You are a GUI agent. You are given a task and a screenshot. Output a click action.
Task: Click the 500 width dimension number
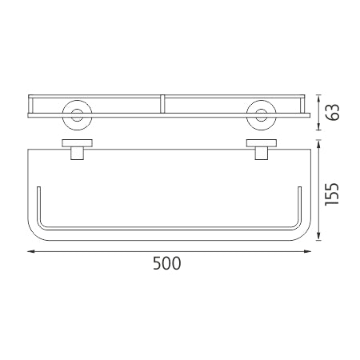[x=167, y=263]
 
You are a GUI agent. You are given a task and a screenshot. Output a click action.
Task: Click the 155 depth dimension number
[x=332, y=194]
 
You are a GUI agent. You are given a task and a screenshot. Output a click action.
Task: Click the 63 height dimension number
[x=333, y=112]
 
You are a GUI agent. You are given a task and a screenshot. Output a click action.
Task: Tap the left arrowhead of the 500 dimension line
[x=31, y=251]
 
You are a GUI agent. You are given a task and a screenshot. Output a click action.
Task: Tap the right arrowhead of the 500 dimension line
[x=308, y=251]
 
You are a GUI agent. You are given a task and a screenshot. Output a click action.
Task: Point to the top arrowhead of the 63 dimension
[x=318, y=98]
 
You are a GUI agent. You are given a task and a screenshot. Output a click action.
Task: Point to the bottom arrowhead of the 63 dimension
[x=318, y=126]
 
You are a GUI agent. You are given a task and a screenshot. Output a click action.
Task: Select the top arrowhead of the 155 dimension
[x=318, y=144]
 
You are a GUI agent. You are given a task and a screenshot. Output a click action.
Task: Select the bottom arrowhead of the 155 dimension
[x=318, y=237]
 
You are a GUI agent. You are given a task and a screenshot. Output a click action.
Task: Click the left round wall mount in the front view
[x=78, y=115]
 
